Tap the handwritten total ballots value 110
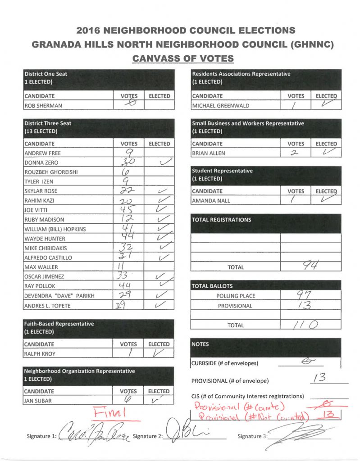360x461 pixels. pyautogui.click(x=310, y=325)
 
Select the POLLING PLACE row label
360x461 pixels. pyautogui.click(x=236, y=296)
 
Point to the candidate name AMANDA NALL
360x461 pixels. pyautogui.click(x=212, y=201)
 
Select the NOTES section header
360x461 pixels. pyautogui.click(x=201, y=343)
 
